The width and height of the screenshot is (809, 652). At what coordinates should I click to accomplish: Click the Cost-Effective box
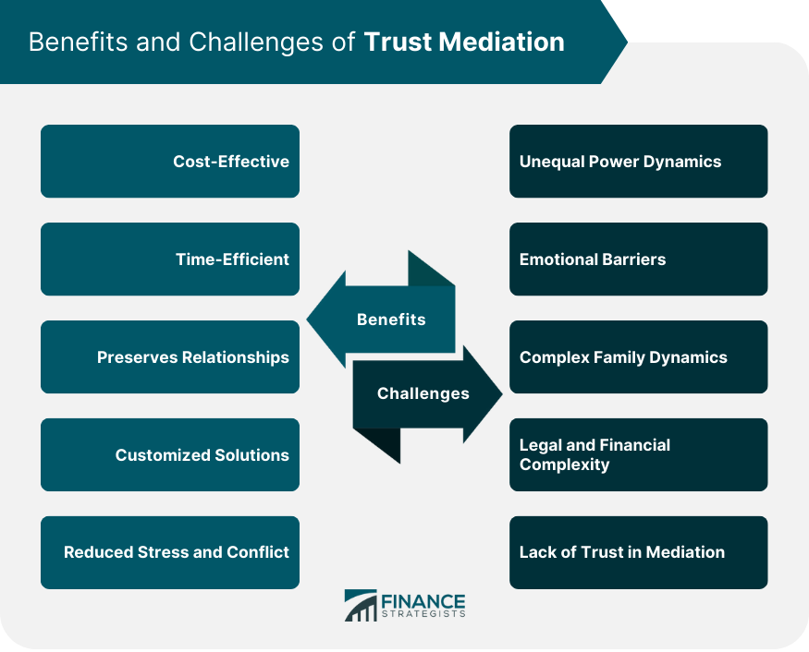coord(170,162)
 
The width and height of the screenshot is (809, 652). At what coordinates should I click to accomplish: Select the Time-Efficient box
coord(170,260)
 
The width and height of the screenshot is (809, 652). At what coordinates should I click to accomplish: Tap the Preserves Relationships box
coord(170,357)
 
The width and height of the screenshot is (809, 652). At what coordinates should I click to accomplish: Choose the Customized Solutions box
coord(170,454)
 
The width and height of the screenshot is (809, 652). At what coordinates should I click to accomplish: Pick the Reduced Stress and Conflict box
coord(170,552)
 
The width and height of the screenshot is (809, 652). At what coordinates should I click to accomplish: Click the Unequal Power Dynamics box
coord(638,162)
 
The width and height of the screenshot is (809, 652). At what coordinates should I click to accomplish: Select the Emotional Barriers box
coord(638,260)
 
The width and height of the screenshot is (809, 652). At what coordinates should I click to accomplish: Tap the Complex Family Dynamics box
coord(638,357)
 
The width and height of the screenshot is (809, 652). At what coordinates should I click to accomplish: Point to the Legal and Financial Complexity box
coord(638,454)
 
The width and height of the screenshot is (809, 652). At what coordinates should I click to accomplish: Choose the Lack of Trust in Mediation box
coord(638,552)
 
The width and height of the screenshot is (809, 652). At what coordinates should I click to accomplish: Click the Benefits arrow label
coord(391,320)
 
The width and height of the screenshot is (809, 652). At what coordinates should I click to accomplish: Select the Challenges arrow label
coord(423,393)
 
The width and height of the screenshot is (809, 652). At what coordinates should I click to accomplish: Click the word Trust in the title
coord(398,42)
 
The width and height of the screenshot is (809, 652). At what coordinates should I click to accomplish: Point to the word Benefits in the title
coord(78,42)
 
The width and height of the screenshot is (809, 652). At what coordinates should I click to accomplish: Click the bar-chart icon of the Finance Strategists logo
coord(361,605)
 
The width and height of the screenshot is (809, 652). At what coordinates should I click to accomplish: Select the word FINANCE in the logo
coord(423,601)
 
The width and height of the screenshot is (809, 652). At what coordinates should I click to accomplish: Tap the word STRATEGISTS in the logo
coord(423,614)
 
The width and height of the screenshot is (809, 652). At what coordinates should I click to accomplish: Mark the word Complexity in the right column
coord(564,465)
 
